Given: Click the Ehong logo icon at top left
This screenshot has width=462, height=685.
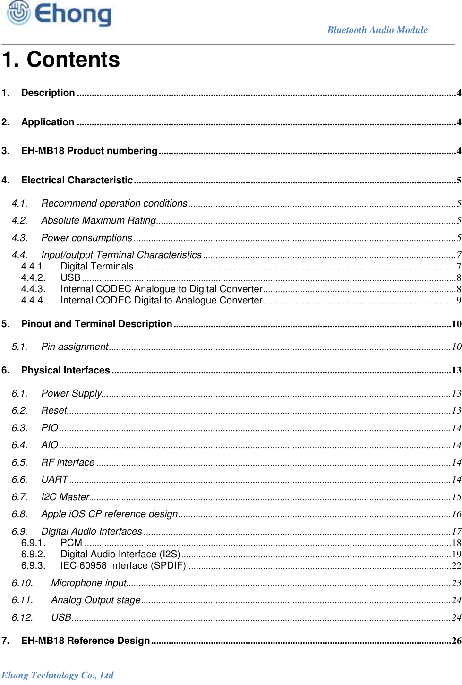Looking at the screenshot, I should (x=18, y=12).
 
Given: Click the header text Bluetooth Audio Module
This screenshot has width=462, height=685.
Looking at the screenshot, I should (x=377, y=30).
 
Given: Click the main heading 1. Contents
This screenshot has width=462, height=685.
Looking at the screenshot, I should (x=61, y=60).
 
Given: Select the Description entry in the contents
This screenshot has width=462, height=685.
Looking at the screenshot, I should (x=48, y=93).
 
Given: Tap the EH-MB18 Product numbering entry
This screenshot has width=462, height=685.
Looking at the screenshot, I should (x=89, y=151).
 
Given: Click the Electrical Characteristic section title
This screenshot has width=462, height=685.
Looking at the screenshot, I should (x=77, y=180).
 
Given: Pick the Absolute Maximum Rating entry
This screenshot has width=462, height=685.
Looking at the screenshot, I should (x=98, y=220).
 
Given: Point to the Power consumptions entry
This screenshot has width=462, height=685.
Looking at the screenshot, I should (x=86, y=238).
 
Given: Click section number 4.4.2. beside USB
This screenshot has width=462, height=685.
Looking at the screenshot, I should (x=33, y=277).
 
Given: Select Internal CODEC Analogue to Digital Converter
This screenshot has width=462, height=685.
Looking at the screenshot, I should (x=161, y=289).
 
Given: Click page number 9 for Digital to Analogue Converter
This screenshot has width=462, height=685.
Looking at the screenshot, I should (x=458, y=301).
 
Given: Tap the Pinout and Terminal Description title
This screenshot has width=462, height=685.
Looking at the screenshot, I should (x=96, y=324).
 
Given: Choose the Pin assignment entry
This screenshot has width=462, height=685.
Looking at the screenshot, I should (x=75, y=347).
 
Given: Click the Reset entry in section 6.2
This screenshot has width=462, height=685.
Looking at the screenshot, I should (x=54, y=410).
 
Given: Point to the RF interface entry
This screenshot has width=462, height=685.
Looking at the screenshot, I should (x=68, y=462).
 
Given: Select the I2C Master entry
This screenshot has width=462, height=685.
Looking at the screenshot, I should (x=65, y=497).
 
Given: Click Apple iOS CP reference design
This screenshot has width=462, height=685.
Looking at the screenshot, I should (x=109, y=514).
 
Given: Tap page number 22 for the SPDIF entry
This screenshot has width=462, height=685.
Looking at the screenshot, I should (x=456, y=566).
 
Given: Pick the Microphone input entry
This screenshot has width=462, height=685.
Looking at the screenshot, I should (x=89, y=583).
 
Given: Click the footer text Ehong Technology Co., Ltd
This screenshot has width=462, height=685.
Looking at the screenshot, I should (x=57, y=675).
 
